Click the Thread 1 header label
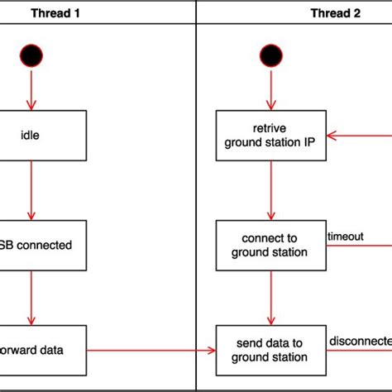[x=56, y=12]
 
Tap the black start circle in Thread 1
[x=32, y=55]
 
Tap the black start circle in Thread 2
[x=270, y=55]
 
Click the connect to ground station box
[x=270, y=245]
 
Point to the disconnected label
[x=361, y=341]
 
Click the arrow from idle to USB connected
[x=32, y=190]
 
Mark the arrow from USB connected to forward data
[x=32, y=298]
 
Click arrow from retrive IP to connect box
[x=270, y=190]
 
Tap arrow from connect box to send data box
[x=270, y=298]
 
